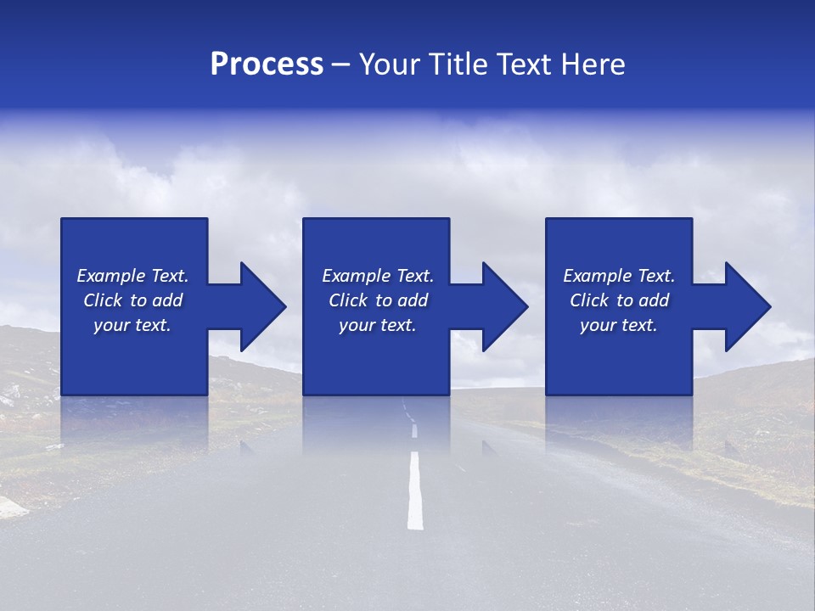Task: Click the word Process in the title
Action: [267, 64]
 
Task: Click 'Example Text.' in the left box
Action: [132, 276]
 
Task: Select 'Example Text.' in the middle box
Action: [378, 276]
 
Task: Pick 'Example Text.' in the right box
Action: [619, 276]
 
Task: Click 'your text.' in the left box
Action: [132, 325]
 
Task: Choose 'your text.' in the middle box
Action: [378, 325]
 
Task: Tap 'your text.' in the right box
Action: [619, 325]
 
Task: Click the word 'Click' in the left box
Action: [103, 300]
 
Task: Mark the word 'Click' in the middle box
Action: [348, 300]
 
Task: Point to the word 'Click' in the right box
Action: [589, 300]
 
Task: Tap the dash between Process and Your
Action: [341, 65]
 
